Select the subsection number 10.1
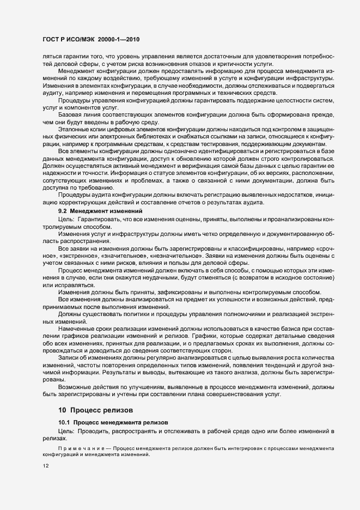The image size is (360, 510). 63,422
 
